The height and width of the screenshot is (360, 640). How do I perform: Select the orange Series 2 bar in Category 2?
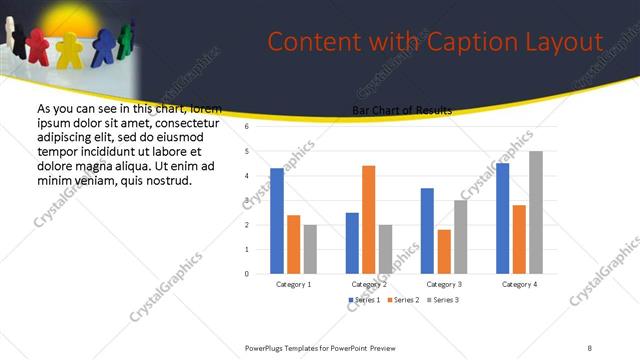pyautogui.click(x=368, y=219)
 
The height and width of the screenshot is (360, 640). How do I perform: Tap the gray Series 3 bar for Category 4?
pyautogui.click(x=536, y=212)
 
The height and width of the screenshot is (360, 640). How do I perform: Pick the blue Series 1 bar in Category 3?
pyautogui.click(x=427, y=230)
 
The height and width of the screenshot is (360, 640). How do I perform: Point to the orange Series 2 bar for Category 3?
pyautogui.click(x=444, y=251)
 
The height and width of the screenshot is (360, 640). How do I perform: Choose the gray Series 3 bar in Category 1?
pyautogui.click(x=310, y=248)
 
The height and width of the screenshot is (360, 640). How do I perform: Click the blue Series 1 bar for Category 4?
pyautogui.click(x=502, y=218)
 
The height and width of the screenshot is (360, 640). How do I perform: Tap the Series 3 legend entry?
pyautogui.click(x=443, y=300)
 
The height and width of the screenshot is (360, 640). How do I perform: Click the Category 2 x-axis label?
pyautogui.click(x=369, y=284)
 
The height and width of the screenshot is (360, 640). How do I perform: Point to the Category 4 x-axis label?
pyautogui.click(x=519, y=284)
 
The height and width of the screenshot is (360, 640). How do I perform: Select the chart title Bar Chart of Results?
pyautogui.click(x=401, y=110)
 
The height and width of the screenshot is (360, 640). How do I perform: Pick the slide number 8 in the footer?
pyautogui.click(x=590, y=347)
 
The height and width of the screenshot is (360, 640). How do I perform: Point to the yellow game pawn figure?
pyautogui.click(x=69, y=50)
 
